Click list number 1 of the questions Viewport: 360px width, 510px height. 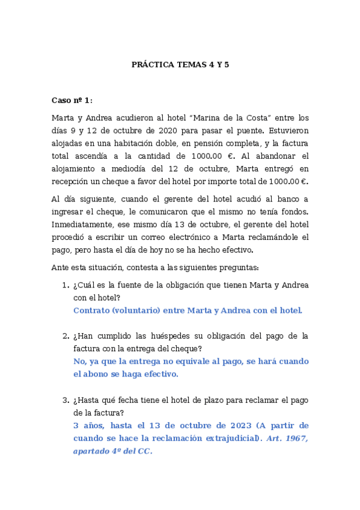pyautogui.click(x=66, y=285)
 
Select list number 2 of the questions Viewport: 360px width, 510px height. pyautogui.click(x=66, y=336)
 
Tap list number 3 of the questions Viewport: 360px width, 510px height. pyautogui.click(x=66, y=400)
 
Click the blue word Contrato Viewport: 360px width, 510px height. pyautogui.click(x=91, y=310)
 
